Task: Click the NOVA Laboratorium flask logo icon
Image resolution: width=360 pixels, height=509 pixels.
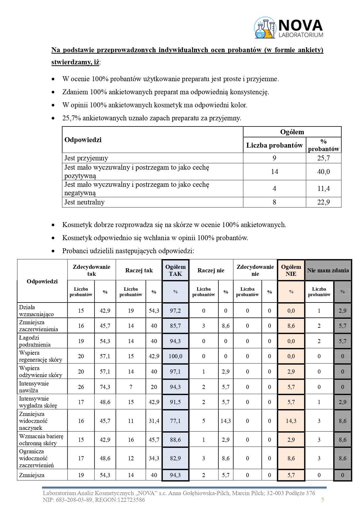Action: click(x=265, y=28)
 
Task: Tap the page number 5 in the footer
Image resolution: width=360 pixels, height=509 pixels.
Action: click(x=323, y=499)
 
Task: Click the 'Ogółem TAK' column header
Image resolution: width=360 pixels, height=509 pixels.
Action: click(x=175, y=270)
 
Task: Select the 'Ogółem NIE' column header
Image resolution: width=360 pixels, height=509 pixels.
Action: click(x=291, y=270)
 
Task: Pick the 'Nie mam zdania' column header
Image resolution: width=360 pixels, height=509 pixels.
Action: click(x=328, y=270)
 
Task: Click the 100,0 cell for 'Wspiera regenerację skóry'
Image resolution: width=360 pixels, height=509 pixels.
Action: click(x=175, y=356)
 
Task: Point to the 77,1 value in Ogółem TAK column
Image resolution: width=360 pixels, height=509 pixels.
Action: click(x=175, y=421)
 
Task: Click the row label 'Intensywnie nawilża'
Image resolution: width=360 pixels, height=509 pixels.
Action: click(x=34, y=387)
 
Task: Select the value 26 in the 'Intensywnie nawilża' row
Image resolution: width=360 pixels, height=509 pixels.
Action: click(x=81, y=387)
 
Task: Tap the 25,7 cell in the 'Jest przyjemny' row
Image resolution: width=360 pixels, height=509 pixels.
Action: click(x=323, y=158)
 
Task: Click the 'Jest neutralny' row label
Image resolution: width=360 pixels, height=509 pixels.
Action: click(x=84, y=202)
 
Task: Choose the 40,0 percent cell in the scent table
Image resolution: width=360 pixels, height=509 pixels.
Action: click(x=323, y=172)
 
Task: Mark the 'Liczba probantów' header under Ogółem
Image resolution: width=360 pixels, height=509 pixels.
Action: click(x=274, y=145)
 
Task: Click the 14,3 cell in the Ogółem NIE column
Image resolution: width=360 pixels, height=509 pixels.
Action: click(x=291, y=421)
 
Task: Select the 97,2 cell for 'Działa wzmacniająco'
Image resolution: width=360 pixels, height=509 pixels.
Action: click(x=175, y=311)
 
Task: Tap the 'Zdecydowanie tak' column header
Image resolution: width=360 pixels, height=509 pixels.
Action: click(x=91, y=270)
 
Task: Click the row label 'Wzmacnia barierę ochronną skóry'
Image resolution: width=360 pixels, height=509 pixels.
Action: click(x=41, y=440)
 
